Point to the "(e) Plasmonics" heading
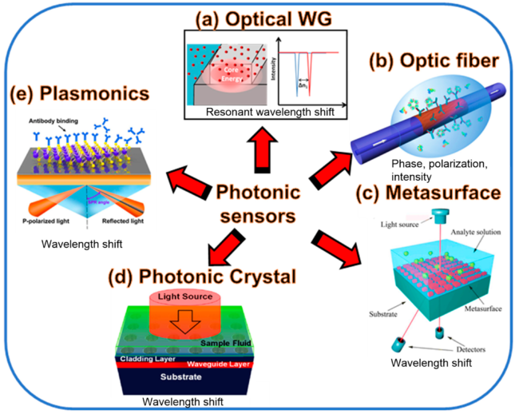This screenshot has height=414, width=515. [x=79, y=94]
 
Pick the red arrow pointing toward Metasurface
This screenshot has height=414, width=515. [x=340, y=248]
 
